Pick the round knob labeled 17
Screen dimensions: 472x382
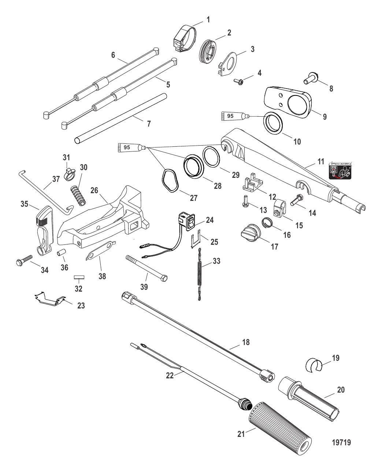tap(250, 233)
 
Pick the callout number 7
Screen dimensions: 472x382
tap(149, 124)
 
